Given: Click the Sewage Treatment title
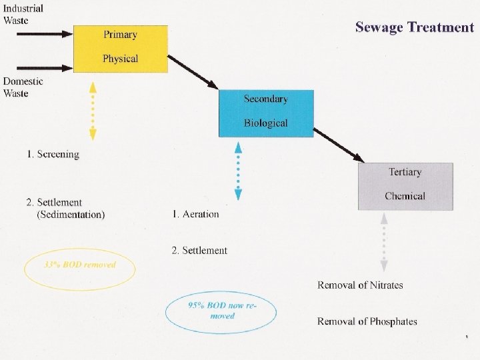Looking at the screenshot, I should pyautogui.click(x=414, y=27).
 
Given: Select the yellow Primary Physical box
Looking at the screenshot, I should pyautogui.click(x=120, y=47).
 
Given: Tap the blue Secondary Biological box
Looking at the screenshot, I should pyautogui.click(x=265, y=112).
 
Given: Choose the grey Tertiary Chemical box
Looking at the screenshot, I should pyautogui.click(x=405, y=185).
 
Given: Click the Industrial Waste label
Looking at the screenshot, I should pyautogui.click(x=23, y=14).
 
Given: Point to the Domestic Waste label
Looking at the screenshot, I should pyautogui.click(x=23, y=87).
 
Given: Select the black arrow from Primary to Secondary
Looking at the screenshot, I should pyautogui.click(x=193, y=73).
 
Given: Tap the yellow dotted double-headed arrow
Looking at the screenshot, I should pyautogui.click(x=93, y=111).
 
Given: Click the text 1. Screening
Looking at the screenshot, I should pyautogui.click(x=53, y=155).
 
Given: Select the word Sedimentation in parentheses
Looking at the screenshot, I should pyautogui.click(x=71, y=215).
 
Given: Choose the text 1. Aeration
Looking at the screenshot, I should pyautogui.click(x=195, y=214).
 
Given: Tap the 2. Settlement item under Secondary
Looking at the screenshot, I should pyautogui.click(x=199, y=251).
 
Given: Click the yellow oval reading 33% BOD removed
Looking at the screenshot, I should pyautogui.click(x=79, y=268).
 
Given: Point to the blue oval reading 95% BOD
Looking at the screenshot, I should pyautogui.click(x=222, y=310).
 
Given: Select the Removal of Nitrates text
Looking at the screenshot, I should pyautogui.click(x=360, y=285).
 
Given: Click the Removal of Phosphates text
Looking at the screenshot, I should pyautogui.click(x=367, y=321).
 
